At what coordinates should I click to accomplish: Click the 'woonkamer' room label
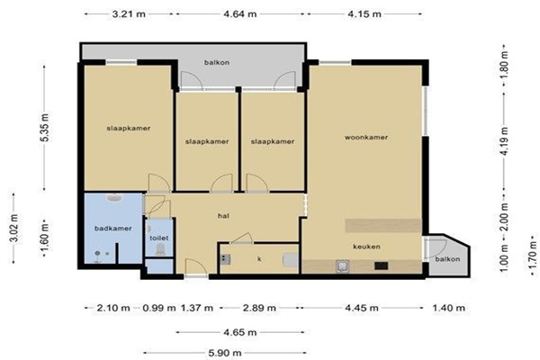(x=366, y=137)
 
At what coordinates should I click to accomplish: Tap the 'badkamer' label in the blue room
(x=113, y=228)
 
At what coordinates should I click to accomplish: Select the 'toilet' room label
(x=159, y=238)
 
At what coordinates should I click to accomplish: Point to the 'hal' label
(x=223, y=216)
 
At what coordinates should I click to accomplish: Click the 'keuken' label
(x=366, y=247)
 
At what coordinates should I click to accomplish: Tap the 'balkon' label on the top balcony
(x=217, y=62)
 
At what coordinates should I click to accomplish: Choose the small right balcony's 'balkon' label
(x=447, y=259)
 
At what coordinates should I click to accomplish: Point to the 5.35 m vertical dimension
(x=45, y=127)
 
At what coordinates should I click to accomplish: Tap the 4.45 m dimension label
(x=362, y=308)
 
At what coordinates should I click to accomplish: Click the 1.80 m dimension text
(x=504, y=65)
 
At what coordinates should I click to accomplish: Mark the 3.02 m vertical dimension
(x=13, y=228)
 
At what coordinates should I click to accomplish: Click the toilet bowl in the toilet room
(x=160, y=249)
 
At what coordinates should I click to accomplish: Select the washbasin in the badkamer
(x=113, y=198)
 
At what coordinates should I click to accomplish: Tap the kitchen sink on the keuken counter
(x=342, y=266)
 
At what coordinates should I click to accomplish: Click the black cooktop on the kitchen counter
(x=382, y=265)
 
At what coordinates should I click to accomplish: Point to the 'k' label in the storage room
(x=259, y=258)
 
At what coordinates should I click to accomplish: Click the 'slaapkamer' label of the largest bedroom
(x=129, y=128)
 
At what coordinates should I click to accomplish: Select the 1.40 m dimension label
(x=449, y=308)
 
